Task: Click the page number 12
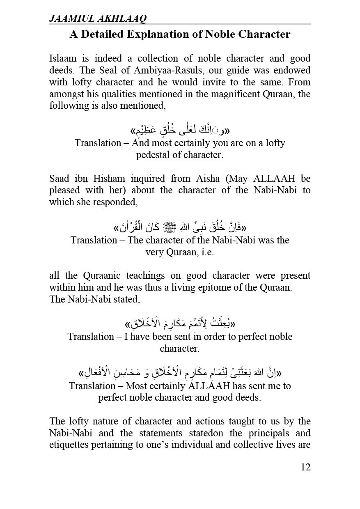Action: (305, 467)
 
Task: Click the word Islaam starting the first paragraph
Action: (62, 59)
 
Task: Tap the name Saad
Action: (59, 179)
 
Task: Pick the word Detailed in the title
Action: (103, 34)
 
